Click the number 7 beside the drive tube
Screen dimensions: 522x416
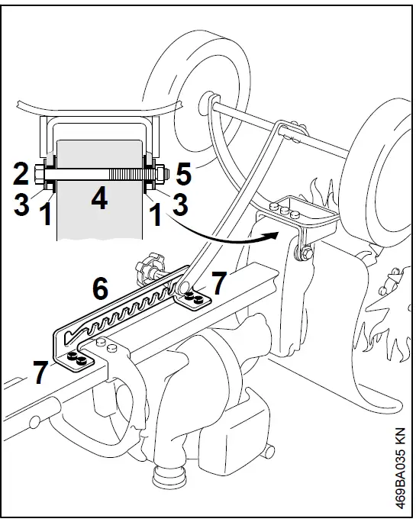tap(218, 285)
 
